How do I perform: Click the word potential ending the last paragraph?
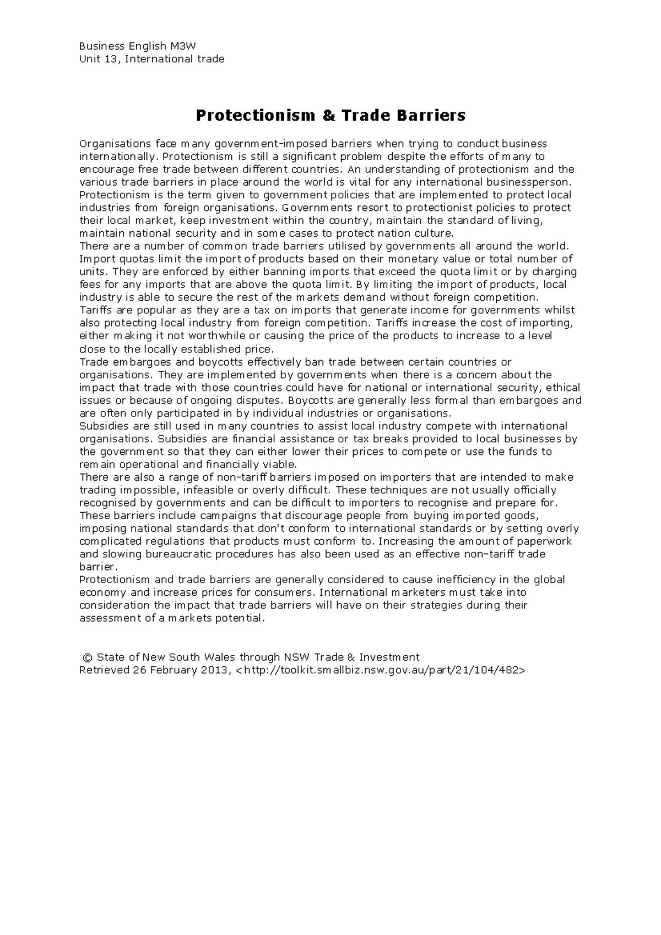(242, 618)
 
